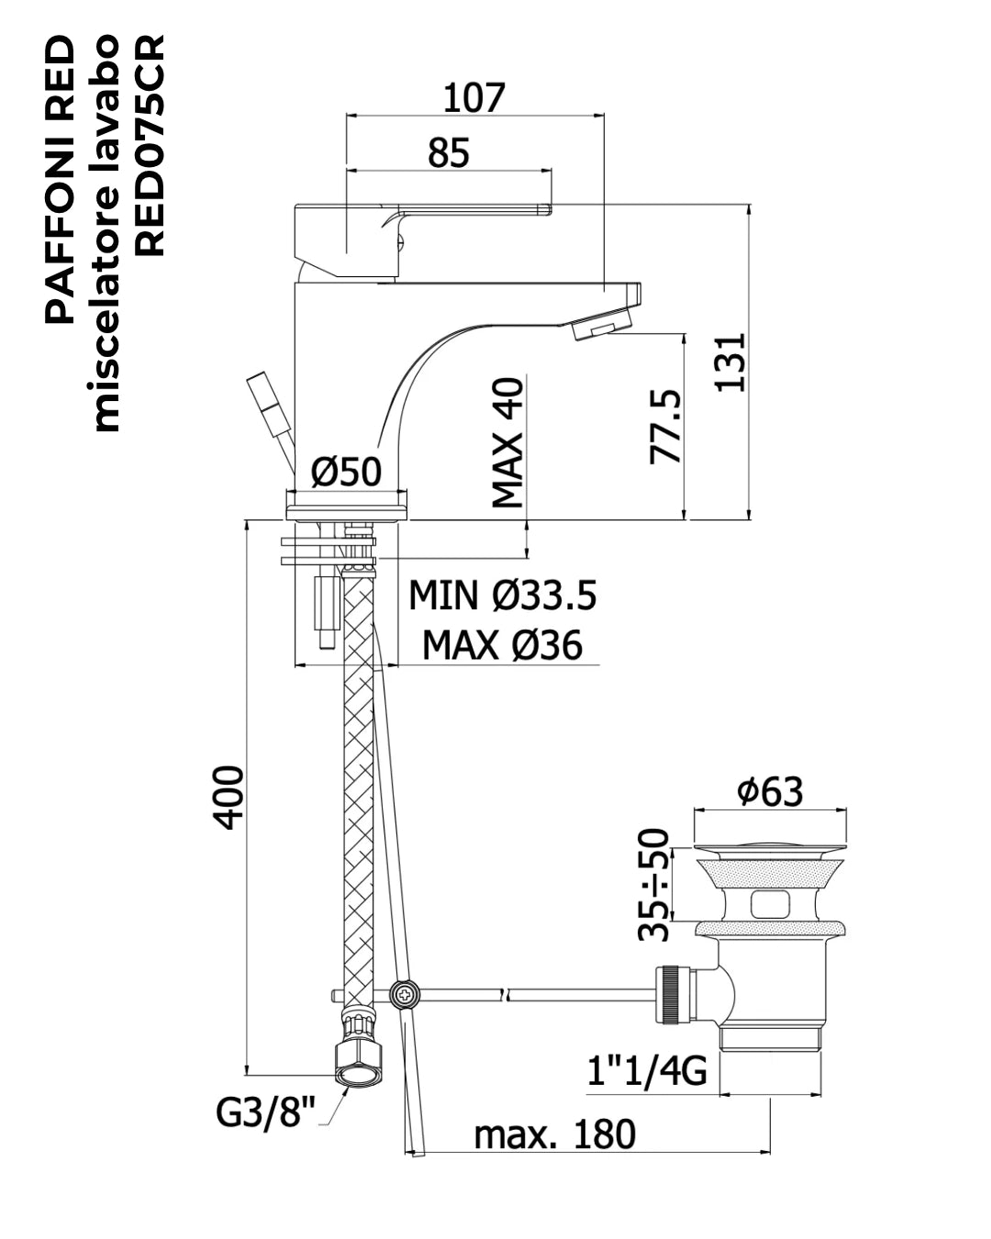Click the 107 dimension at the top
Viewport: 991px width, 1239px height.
pos(473,97)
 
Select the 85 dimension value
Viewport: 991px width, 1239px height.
pos(449,152)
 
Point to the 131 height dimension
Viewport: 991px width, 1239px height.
pos(729,363)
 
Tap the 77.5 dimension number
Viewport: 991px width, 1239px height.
pos(665,427)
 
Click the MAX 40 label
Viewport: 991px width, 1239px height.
pos(507,442)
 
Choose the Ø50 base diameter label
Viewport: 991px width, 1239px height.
pos(346,472)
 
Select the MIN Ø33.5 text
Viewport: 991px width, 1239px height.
pos(502,595)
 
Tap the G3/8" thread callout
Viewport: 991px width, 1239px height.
pos(266,1111)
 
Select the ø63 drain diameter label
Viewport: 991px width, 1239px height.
pos(770,791)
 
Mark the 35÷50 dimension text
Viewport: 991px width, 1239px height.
pos(654,885)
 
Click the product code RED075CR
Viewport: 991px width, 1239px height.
pos(150,146)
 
